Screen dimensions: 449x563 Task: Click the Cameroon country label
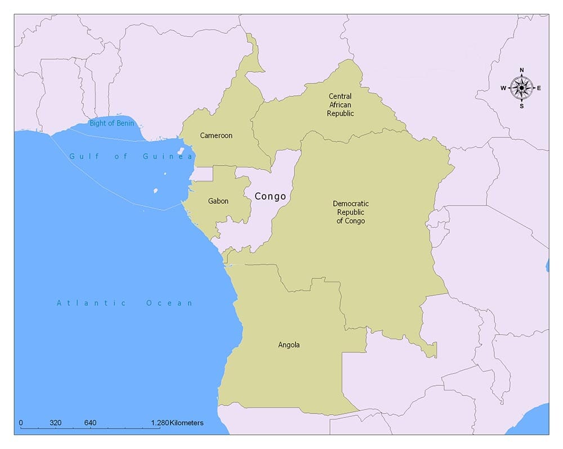click(216, 136)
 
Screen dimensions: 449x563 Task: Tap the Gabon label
click(218, 201)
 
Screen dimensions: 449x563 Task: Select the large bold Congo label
click(270, 197)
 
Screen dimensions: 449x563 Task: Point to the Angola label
click(289, 345)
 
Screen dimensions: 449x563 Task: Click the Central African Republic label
click(341, 105)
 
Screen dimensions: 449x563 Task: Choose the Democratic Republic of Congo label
click(351, 212)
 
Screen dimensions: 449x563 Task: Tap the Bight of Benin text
click(111, 123)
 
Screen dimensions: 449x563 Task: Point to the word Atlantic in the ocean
click(91, 303)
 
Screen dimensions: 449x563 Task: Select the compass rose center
click(522, 88)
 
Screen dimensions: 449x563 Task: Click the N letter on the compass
click(522, 70)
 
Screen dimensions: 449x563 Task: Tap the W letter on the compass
click(503, 88)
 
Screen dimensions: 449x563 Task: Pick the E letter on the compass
click(539, 88)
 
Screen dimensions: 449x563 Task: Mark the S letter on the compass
click(522, 106)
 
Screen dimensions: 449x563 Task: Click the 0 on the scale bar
click(21, 423)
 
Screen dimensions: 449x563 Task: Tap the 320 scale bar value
click(55, 423)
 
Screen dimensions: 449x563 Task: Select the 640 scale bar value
click(90, 423)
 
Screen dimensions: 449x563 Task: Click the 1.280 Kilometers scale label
click(177, 423)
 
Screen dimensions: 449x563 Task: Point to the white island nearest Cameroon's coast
click(181, 151)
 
